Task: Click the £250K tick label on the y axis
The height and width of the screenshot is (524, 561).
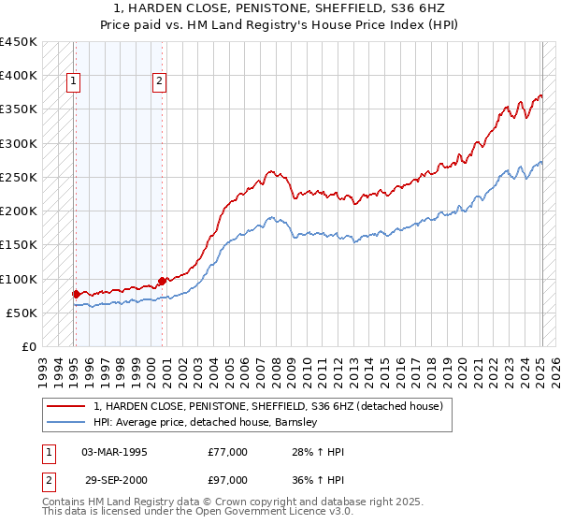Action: point(19,177)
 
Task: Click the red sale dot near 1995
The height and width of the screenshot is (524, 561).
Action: point(75,294)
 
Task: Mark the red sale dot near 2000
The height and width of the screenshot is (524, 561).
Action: point(162,280)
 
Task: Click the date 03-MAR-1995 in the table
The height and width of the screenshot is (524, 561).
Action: point(115,452)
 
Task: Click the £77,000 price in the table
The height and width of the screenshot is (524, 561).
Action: point(228,452)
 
